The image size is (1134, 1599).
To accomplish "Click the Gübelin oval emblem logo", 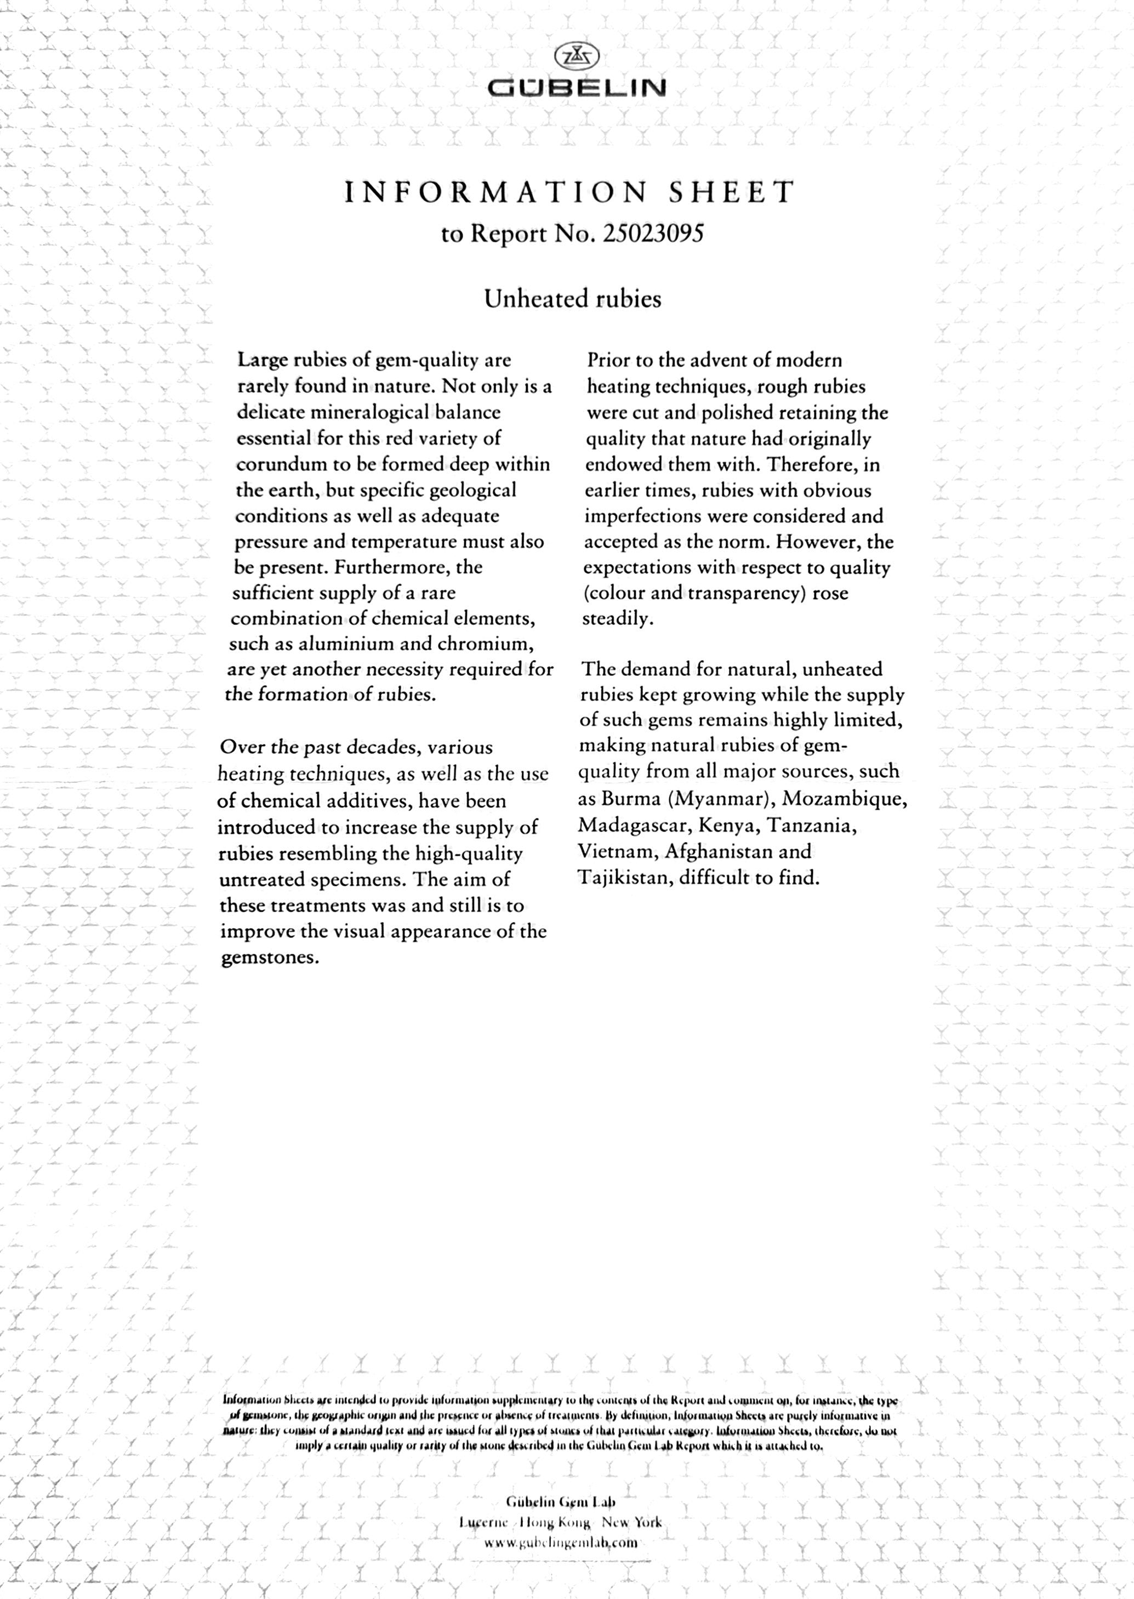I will [576, 56].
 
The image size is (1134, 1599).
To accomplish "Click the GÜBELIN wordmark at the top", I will [576, 88].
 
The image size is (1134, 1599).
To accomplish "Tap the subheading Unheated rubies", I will [573, 299].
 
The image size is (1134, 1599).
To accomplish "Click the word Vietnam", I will [617, 851].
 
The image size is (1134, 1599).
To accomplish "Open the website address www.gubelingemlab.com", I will [561, 1543].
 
